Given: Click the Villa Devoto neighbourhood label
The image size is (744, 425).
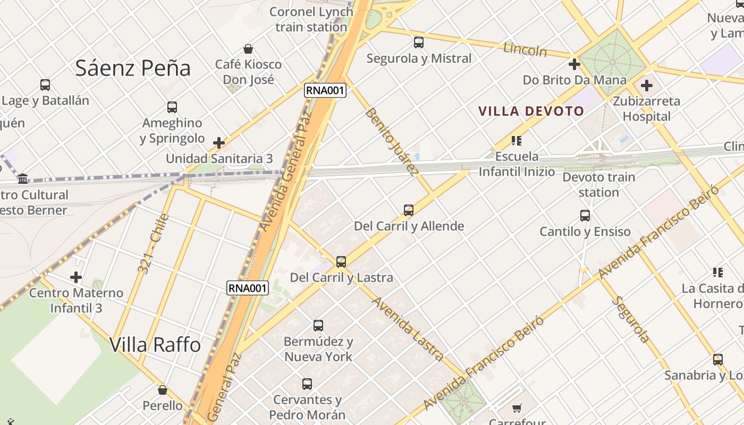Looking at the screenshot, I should [531, 111].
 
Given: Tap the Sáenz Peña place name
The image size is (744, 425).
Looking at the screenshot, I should [133, 68].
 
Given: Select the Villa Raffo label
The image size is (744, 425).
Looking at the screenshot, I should [155, 345].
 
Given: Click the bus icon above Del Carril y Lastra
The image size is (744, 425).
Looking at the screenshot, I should [341, 261].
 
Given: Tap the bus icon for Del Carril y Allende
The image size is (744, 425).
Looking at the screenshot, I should [408, 210].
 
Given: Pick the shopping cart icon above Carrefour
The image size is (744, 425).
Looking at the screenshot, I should [517, 408].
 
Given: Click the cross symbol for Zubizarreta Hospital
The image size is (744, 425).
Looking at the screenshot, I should [646, 85].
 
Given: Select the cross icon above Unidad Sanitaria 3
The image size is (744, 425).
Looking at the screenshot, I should [219, 143].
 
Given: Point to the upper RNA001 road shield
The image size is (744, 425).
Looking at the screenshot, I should [325, 90].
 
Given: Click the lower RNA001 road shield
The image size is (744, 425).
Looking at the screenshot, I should [248, 288].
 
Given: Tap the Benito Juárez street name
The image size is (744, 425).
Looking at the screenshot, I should [391, 142].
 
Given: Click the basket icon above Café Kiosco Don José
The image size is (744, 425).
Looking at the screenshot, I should [248, 49].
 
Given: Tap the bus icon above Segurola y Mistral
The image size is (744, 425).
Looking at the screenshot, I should [419, 42].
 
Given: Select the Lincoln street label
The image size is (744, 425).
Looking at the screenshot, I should [525, 50].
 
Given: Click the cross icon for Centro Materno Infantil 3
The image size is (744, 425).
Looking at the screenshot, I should [76, 277].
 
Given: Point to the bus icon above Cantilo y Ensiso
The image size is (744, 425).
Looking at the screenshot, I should [585, 215].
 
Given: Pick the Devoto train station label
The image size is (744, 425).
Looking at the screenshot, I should [599, 184].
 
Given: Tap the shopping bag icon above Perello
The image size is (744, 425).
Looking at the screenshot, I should [163, 390].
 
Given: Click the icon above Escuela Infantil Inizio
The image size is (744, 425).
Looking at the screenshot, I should [516, 141].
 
